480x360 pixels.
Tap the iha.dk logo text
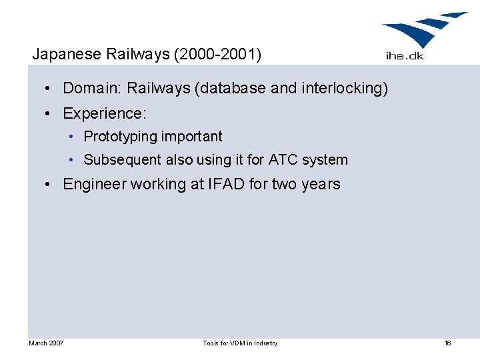[404, 56]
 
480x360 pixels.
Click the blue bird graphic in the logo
[424, 30]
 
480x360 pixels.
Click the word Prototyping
[117, 137]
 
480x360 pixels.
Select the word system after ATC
[325, 160]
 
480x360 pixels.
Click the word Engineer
[94, 184]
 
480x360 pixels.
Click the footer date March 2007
[46, 343]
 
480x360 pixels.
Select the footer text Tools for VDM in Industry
[240, 343]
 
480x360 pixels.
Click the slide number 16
[447, 343]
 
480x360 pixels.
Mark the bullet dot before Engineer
[51, 185]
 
